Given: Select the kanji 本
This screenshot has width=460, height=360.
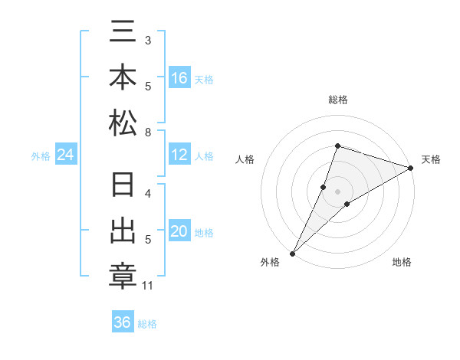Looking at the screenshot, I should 123,79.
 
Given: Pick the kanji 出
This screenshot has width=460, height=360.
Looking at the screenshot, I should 123,231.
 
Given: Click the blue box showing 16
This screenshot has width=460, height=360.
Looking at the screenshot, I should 179,78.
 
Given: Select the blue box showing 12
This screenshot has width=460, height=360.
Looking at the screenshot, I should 179,155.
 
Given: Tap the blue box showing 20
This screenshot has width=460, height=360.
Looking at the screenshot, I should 179,231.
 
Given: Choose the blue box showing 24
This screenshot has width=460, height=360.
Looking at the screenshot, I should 66,155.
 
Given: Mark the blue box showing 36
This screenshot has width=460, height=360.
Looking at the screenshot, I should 123,322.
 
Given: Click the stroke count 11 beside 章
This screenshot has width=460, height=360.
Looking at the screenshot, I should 148,286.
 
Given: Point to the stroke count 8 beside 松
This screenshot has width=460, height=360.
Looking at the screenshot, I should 148,133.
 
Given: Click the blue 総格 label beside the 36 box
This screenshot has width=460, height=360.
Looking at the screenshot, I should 147,323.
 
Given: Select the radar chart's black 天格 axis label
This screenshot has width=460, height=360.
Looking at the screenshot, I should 431,159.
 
